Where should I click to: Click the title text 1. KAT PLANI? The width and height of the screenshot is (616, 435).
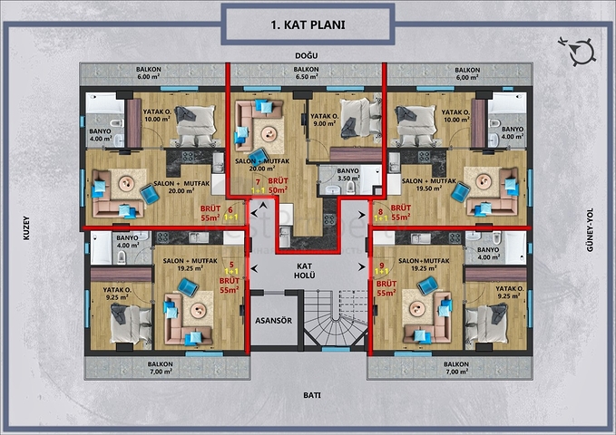pyautogui.click(x=308, y=24)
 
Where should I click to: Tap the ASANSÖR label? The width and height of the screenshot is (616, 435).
pyautogui.click(x=273, y=321)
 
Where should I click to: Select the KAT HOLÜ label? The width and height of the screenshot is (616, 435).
pyautogui.click(x=305, y=271)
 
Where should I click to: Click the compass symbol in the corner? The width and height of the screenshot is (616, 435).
pyautogui.click(x=578, y=51)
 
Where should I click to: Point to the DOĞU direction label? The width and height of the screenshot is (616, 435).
pyautogui.click(x=307, y=56)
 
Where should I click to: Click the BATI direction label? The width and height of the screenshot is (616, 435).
pyautogui.click(x=312, y=395)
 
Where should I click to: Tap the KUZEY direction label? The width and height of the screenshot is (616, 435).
pyautogui.click(x=26, y=227)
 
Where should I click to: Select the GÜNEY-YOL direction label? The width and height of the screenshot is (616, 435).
pyautogui.click(x=590, y=229)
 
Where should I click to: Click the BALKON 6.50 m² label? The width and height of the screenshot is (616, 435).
pyautogui.click(x=306, y=73)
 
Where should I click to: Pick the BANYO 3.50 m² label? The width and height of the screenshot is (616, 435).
pyautogui.click(x=347, y=174)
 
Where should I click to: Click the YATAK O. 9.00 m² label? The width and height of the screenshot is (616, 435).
pyautogui.click(x=325, y=120)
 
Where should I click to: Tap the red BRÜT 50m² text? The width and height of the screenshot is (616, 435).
pyautogui.click(x=278, y=186)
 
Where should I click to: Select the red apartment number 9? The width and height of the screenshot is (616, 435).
pyautogui.click(x=381, y=265)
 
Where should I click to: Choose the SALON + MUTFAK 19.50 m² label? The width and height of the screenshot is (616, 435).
pyautogui.click(x=428, y=185)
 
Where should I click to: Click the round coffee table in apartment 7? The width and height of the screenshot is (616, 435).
pyautogui.click(x=269, y=134)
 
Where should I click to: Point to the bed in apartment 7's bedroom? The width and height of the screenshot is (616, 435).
pyautogui.click(x=360, y=118)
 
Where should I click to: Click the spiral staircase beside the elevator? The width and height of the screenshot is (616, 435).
pyautogui.click(x=337, y=318)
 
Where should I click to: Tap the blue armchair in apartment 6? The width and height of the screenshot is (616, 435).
pyautogui.click(x=150, y=194)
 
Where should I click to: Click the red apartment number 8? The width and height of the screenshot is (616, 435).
pyautogui.click(x=380, y=212)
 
